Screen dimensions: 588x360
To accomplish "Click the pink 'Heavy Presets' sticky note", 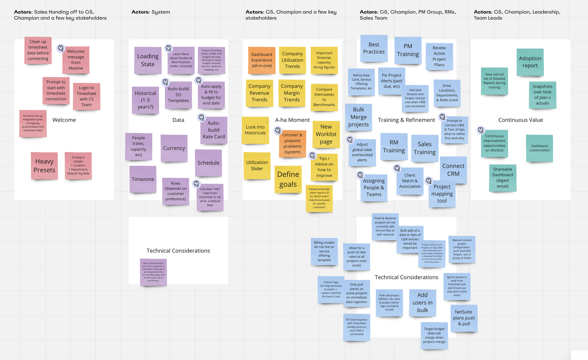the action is click(x=44, y=166).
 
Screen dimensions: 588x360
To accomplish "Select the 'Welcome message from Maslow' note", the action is click(x=76, y=60).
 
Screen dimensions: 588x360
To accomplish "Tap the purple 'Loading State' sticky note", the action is click(x=148, y=60).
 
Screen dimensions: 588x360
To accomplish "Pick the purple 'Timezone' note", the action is click(x=143, y=179).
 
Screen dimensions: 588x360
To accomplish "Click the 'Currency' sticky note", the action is click(x=174, y=148).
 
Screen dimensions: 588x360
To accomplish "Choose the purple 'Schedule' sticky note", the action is click(x=209, y=163).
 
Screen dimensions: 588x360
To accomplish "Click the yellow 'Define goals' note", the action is click(x=288, y=179).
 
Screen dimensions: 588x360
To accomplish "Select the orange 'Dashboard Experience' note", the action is click(x=261, y=60).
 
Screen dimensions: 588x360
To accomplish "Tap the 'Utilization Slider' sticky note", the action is click(x=257, y=165).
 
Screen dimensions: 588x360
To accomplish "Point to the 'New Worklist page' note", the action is click(x=326, y=134).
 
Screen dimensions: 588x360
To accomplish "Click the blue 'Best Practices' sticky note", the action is click(x=374, y=48).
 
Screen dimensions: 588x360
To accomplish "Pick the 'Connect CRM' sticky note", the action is click(x=453, y=170).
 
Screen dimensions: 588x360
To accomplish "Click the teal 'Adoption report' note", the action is click(x=530, y=62).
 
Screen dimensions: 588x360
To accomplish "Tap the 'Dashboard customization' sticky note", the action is click(x=539, y=148).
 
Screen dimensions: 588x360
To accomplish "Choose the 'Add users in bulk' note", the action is click(x=423, y=302).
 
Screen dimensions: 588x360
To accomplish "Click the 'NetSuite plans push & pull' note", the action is click(x=464, y=318).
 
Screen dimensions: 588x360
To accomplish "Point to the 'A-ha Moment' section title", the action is click(x=292, y=120).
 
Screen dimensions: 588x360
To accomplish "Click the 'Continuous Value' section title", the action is click(x=521, y=120).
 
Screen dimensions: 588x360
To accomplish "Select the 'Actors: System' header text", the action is click(x=151, y=12).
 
